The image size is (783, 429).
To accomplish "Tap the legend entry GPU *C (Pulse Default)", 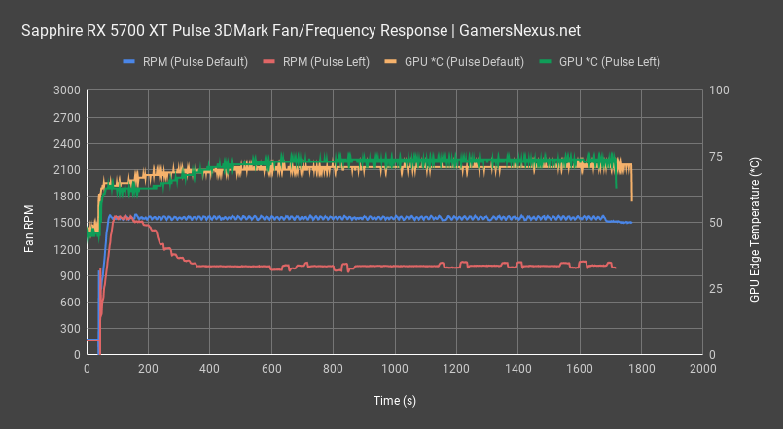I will pyautogui.click(x=471, y=61).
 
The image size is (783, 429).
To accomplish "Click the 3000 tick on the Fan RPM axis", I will pyautogui.click(x=68, y=90).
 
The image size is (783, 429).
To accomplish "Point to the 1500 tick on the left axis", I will pyautogui.click(x=68, y=223).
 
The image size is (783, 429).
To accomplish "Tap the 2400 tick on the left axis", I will pyautogui.click(x=68, y=143).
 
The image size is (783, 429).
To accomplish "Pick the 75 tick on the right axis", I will pyautogui.click(x=716, y=157).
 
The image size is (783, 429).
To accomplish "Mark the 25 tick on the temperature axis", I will pyautogui.click(x=716, y=289).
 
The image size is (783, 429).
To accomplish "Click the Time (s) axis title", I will pyautogui.click(x=395, y=401).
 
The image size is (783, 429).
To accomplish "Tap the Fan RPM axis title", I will pyautogui.click(x=30, y=223).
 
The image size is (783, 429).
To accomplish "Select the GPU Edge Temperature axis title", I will pyautogui.click(x=755, y=223).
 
